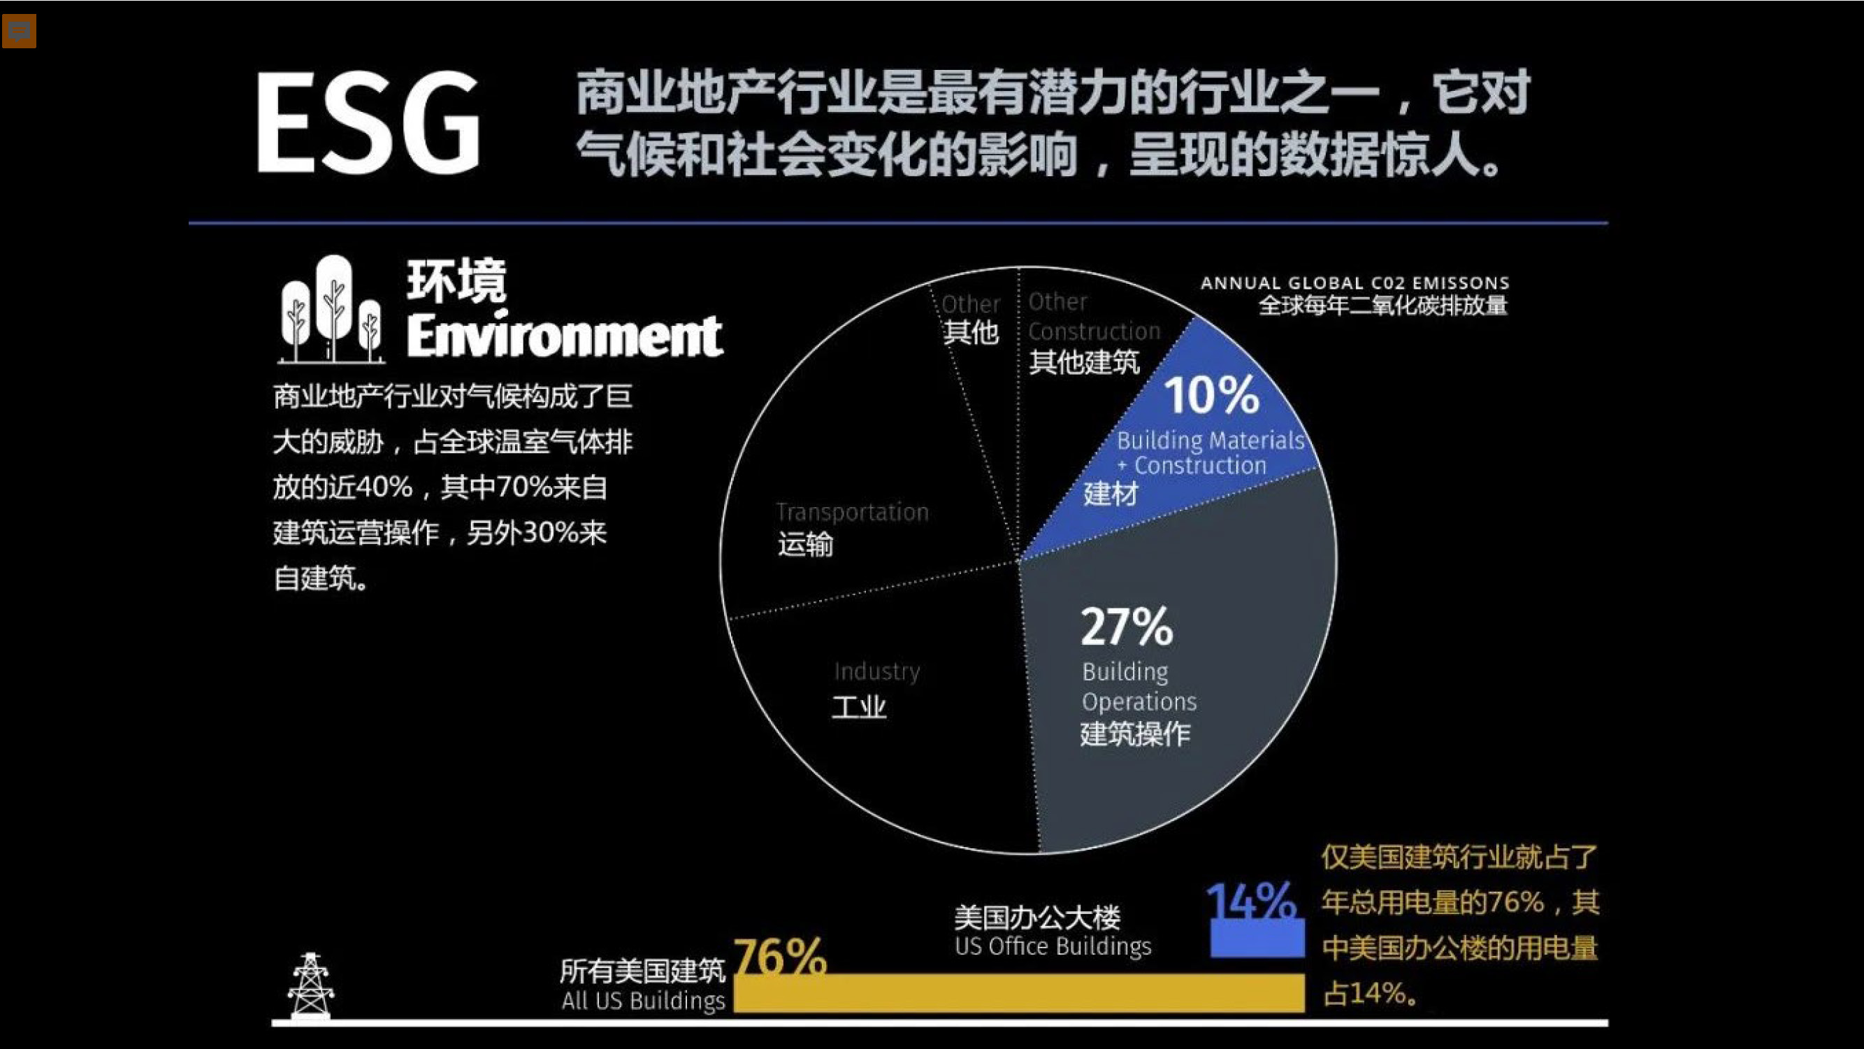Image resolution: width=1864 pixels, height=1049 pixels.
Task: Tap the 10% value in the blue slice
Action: point(1211,395)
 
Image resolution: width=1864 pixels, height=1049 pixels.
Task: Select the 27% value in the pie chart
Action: point(1126,626)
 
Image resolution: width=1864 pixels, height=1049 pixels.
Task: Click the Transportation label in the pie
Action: point(852,512)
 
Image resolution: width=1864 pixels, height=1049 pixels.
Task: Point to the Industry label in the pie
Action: point(876,671)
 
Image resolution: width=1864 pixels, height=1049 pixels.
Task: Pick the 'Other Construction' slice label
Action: point(1092,317)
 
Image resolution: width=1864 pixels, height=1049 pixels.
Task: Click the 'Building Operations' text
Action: point(1139,687)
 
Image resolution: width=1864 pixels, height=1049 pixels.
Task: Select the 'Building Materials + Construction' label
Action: point(1210,452)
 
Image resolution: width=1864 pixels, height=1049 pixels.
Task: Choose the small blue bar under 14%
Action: point(1257,939)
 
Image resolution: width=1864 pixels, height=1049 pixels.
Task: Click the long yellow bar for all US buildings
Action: point(1019,992)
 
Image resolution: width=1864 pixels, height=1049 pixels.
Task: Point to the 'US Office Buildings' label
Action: point(1052,946)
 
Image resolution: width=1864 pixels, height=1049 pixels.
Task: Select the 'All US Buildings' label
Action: point(642,1001)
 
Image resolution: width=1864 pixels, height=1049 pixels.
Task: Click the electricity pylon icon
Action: point(310,985)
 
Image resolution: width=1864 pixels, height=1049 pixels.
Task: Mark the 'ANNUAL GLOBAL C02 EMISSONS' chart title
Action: point(1354,283)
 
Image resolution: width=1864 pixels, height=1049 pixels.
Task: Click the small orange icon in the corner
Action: point(19,31)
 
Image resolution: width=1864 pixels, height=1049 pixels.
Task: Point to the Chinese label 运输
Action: point(805,543)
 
